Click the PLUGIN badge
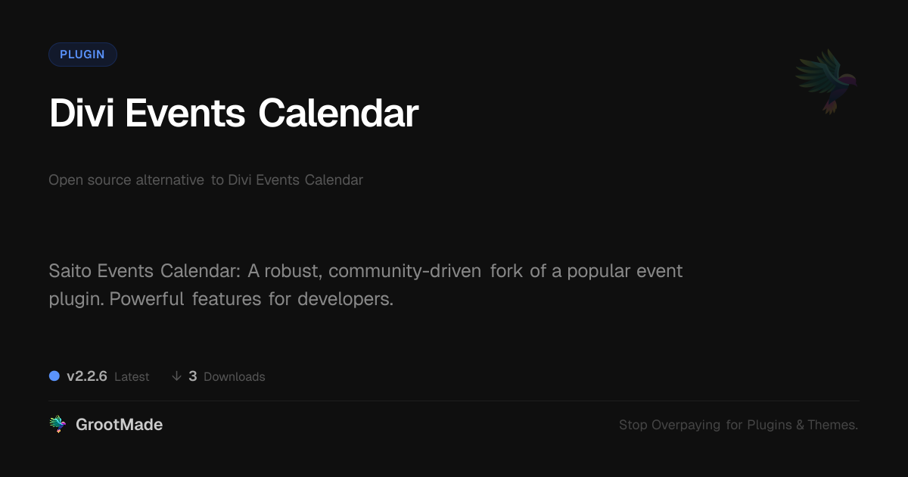82,55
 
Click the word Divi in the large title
82,113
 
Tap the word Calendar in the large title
338,113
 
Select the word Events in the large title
185,113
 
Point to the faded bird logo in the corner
827,82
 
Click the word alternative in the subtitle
169,179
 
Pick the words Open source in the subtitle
89,180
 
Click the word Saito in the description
70,270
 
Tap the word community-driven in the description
405,271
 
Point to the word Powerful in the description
147,299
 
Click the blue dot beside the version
54,376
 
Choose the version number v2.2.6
87,376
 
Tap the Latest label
132,377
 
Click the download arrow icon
176,376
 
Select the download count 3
193,376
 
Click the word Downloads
235,377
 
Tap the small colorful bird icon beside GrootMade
58,424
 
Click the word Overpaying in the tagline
686,425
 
